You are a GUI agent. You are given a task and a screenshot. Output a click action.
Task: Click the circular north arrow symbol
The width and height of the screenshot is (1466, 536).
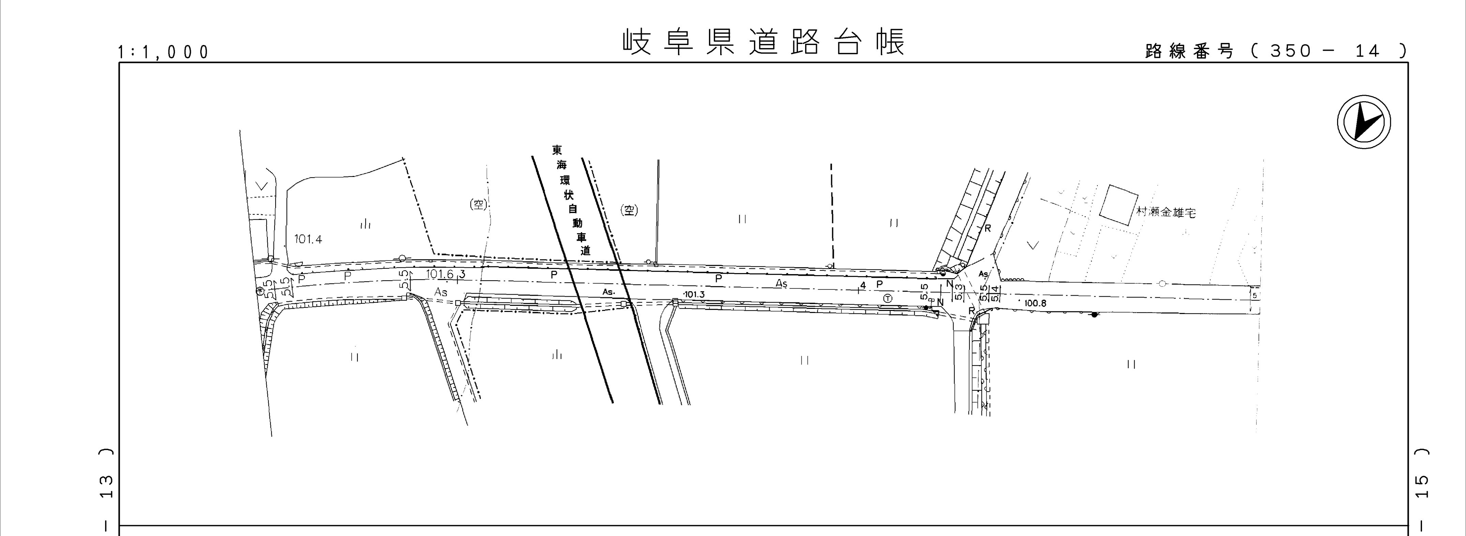click(x=1364, y=122)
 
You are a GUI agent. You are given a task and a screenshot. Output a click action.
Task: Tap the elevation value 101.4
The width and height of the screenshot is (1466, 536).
click(x=308, y=239)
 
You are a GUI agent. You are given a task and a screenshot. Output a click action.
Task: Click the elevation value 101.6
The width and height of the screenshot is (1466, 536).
click(x=440, y=274)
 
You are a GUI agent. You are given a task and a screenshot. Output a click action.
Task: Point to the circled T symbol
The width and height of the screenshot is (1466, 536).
click(x=888, y=298)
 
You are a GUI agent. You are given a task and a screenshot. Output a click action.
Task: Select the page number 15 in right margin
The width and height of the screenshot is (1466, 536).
click(x=1421, y=487)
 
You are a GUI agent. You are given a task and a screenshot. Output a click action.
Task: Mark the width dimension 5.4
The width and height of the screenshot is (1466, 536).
click(x=995, y=293)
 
